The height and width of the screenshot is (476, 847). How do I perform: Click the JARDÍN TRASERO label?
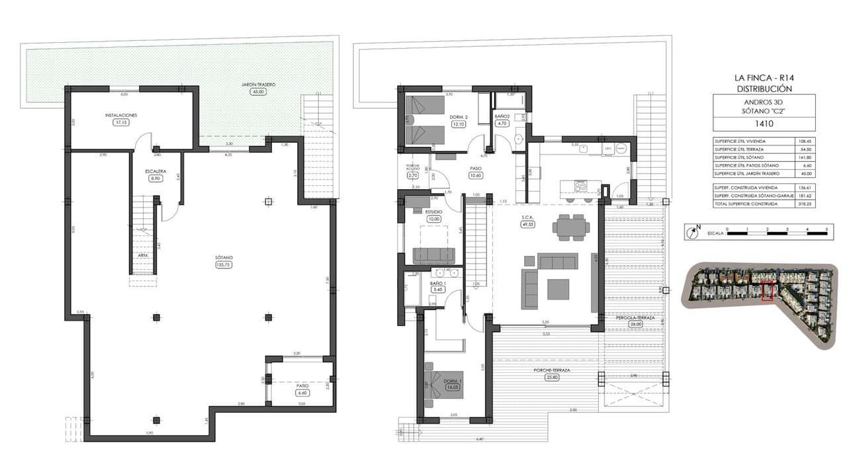click(257, 85)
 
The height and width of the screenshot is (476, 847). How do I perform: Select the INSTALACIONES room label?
click(121, 115)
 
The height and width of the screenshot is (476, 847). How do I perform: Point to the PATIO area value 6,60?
click(302, 393)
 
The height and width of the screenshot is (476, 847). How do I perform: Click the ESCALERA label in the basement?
click(156, 171)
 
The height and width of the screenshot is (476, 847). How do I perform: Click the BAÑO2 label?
click(502, 116)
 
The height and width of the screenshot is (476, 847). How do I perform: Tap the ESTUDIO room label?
click(434, 212)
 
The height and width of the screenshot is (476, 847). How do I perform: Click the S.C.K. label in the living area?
click(527, 217)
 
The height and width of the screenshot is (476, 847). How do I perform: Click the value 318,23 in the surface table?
click(805, 204)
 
